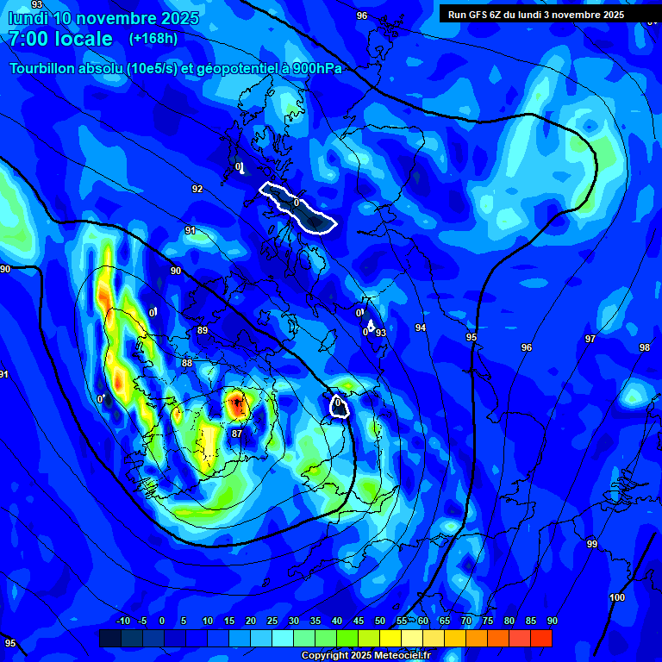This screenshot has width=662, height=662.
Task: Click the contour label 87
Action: (x=236, y=434)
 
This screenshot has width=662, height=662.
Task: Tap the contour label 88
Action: (x=187, y=363)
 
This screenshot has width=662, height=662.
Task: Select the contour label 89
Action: (x=203, y=330)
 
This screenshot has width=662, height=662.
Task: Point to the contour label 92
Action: (x=197, y=189)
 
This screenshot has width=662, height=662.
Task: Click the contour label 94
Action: (x=421, y=328)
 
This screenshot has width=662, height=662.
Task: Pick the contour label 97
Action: (x=590, y=339)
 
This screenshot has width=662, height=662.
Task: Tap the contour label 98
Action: (x=645, y=347)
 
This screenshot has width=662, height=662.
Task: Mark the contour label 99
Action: (x=592, y=544)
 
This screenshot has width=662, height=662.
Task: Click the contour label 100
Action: (x=617, y=597)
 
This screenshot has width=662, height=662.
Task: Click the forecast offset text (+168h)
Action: (x=153, y=39)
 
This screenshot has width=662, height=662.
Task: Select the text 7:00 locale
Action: (x=61, y=39)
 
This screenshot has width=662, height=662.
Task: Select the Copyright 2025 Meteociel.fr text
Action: (x=365, y=656)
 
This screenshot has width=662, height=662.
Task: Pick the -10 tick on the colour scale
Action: (x=123, y=621)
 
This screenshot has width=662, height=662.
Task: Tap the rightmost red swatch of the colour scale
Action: (x=541, y=638)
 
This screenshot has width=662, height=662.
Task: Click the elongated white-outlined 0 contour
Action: (x=297, y=207)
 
